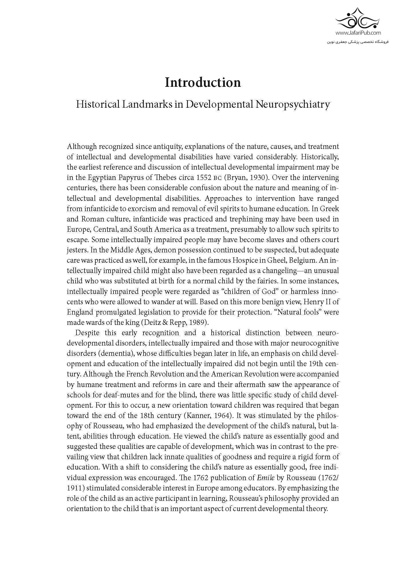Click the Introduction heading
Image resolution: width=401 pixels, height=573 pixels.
click(203, 83)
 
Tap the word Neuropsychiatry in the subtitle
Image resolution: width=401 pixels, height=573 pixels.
click(292, 104)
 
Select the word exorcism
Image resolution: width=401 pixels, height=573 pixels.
click(144, 209)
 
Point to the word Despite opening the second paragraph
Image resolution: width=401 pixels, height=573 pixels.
click(87, 333)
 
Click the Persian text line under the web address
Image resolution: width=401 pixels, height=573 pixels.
click(358, 42)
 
